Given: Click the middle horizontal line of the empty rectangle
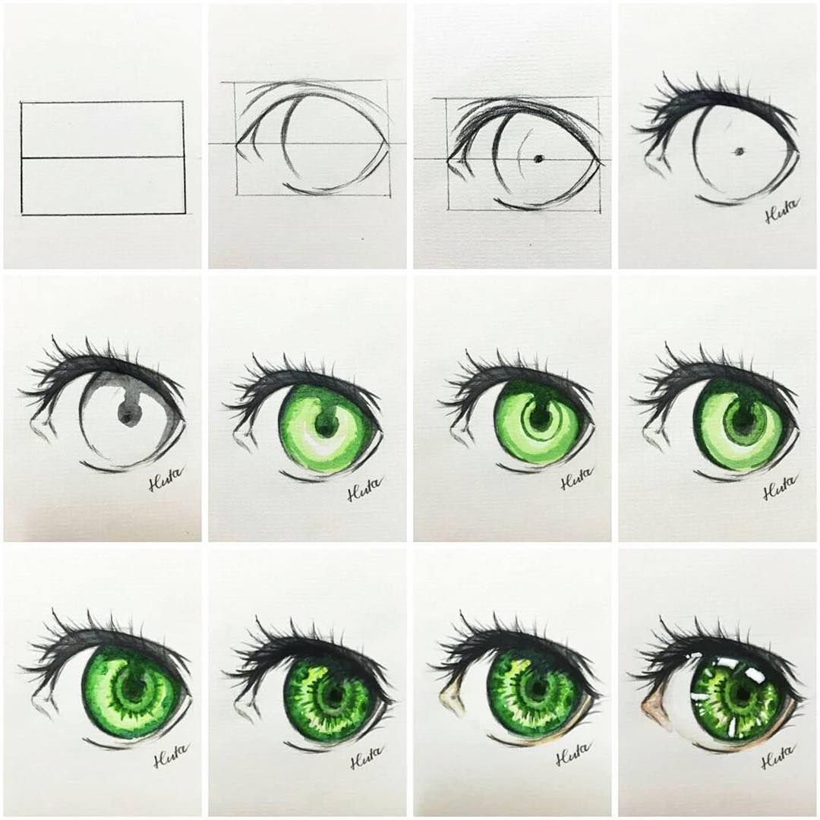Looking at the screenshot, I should pyautogui.click(x=102, y=158).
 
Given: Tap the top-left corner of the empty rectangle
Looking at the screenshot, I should pyautogui.click(x=22, y=102).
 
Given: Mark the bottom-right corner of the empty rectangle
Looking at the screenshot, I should pyautogui.click(x=184, y=214).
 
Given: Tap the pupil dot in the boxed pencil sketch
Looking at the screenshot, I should pyautogui.click(x=538, y=159).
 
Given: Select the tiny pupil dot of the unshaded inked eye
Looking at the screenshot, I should pyautogui.click(x=737, y=152).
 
